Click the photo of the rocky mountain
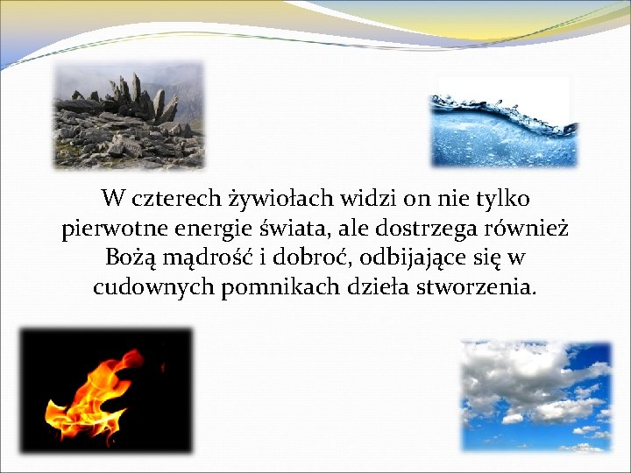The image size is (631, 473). (x=128, y=116)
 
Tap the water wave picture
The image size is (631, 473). (x=504, y=123)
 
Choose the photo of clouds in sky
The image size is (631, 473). (x=535, y=396)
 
